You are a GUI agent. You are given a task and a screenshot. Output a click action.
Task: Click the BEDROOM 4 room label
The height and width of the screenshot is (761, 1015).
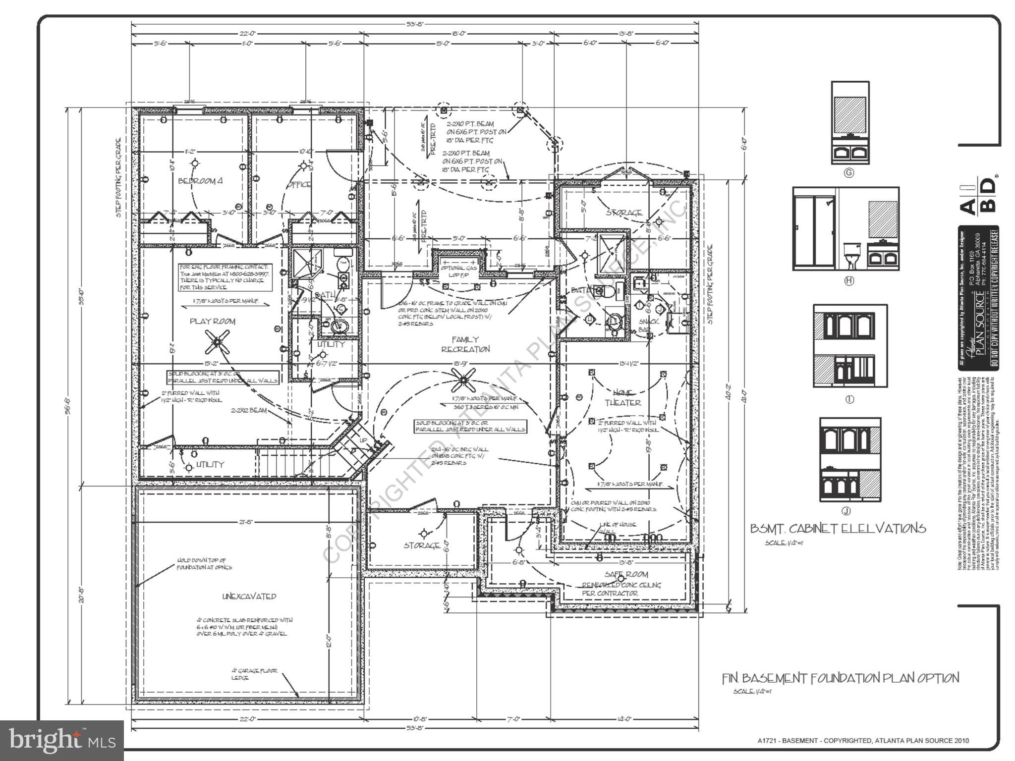200,181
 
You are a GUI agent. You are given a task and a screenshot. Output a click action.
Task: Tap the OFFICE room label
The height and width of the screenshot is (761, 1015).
299,184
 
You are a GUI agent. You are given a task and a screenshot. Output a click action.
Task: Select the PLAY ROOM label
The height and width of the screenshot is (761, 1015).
213,321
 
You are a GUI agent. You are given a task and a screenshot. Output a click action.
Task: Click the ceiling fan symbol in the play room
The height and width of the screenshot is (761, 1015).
217,342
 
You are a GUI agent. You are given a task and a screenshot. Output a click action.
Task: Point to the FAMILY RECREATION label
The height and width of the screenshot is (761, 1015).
465,344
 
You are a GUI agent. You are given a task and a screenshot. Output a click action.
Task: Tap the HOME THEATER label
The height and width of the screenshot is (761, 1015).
623,397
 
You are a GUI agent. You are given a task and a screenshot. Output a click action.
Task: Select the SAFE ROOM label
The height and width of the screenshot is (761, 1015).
626,575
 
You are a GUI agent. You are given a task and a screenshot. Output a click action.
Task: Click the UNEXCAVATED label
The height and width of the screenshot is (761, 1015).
249,597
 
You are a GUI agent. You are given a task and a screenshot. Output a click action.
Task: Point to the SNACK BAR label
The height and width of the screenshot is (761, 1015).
648,325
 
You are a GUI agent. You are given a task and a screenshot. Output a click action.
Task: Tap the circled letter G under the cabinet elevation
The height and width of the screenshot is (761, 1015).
849,173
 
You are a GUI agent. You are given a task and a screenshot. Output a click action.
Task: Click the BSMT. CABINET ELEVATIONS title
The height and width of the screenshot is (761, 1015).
838,528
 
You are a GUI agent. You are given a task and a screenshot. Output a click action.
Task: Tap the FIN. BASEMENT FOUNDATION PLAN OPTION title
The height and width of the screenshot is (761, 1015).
840,678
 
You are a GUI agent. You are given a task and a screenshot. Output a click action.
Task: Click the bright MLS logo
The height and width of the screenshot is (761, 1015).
61,740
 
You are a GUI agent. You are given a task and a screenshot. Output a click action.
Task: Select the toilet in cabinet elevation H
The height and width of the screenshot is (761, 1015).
851,255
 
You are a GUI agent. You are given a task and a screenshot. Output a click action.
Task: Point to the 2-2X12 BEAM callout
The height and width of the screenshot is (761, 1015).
248,410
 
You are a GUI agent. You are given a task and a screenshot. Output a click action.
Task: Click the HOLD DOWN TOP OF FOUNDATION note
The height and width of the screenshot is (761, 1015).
204,563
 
